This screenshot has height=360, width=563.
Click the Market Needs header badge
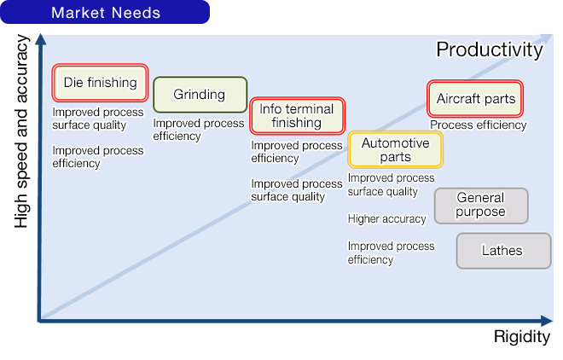(105, 13)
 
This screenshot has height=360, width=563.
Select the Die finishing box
(100, 83)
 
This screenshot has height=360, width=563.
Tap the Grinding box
(200, 95)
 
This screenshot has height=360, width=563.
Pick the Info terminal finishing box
(297, 116)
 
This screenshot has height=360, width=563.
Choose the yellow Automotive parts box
(395, 150)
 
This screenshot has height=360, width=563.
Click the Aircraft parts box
(475, 99)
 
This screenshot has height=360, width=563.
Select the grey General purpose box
(481, 205)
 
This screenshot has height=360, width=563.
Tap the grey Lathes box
(502, 251)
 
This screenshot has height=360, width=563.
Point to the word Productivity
(489, 49)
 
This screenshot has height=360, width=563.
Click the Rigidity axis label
(521, 338)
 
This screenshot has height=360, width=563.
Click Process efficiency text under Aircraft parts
(478, 125)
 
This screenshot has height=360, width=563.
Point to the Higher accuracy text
(386, 219)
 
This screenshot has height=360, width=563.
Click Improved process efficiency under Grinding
(198, 130)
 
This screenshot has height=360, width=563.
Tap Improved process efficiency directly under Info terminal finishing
(296, 152)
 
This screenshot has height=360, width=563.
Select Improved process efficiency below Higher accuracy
(391, 253)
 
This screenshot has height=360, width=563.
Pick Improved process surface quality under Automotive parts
(391, 184)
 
